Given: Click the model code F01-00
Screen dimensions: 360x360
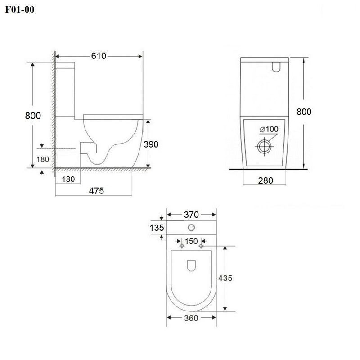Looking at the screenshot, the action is coord(20,9).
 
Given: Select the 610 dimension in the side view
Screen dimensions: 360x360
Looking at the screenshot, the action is coord(99,56).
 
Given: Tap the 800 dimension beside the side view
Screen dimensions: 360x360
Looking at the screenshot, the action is coord(33,116).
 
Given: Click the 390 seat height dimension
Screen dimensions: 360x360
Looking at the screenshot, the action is coord(151,144).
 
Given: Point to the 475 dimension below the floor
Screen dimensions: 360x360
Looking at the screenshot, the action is coord(96,191).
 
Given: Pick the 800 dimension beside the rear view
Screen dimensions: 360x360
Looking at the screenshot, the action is coord(304,112).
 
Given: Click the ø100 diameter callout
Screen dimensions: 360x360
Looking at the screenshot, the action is coord(269,129).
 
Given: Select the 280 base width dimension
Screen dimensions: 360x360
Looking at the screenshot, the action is coord(265,181).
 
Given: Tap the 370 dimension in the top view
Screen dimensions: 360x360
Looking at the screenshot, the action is coord(191,215).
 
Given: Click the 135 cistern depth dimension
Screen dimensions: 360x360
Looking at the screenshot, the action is coord(157,228).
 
